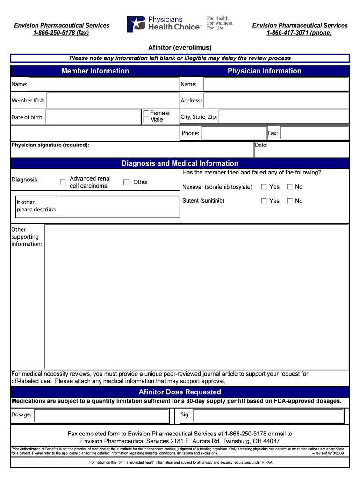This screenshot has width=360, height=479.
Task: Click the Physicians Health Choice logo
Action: coord(180,24)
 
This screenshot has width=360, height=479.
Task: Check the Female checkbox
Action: coord(146,113)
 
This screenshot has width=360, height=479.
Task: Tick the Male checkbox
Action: coord(146,120)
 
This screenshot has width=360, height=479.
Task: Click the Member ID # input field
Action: coord(113,101)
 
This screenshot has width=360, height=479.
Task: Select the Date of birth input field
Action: coord(93,117)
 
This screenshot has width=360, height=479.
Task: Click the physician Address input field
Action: coord(276,101)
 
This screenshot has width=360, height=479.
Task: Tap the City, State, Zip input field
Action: coord(283,117)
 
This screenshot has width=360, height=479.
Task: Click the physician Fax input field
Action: coord(314,133)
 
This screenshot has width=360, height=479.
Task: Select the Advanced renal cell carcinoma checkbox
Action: coord(63,182)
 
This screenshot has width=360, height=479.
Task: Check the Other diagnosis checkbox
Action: coord(127,182)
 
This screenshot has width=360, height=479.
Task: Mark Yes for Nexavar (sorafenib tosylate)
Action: coord(264,187)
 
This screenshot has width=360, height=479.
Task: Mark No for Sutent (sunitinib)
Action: coord(290,201)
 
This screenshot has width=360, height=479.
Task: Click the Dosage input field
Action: coord(101,415)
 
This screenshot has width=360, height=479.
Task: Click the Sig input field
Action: coord(268,415)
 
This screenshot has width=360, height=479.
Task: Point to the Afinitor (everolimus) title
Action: coord(180,48)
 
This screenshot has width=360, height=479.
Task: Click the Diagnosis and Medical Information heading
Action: coord(180,163)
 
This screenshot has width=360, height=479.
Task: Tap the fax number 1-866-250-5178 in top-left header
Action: coord(61,33)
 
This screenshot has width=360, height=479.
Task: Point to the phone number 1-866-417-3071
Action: coord(300,33)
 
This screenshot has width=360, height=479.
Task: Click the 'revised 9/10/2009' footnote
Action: coord(327,453)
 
